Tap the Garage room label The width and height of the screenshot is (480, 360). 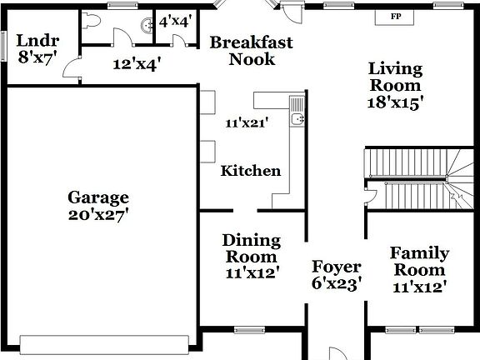[x=98, y=197]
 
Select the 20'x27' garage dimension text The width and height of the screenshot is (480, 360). [x=98, y=214]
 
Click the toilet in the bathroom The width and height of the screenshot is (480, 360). [x=92, y=20]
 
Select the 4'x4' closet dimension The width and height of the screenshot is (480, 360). [x=175, y=21]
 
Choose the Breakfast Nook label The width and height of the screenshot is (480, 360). [x=251, y=50]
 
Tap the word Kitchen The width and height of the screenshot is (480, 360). [x=250, y=171]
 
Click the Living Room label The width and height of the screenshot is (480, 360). [x=396, y=77]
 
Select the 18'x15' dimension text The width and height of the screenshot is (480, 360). [x=396, y=102]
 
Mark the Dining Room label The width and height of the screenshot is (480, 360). [x=251, y=248]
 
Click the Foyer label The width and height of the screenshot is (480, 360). [x=337, y=267]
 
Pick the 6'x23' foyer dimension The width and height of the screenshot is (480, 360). [x=337, y=283]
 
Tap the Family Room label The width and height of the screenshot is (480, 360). [x=420, y=261]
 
